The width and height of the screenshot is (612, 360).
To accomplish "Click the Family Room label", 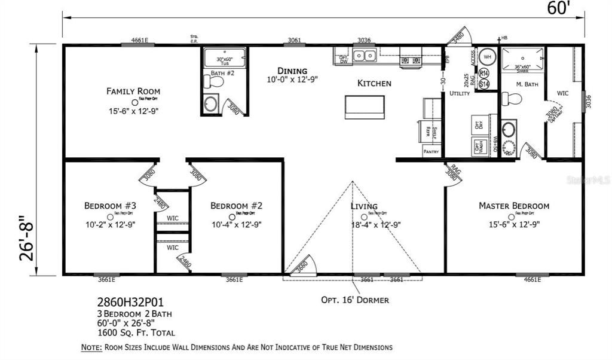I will [x=133, y=91].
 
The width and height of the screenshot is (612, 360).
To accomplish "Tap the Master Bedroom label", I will [x=513, y=206].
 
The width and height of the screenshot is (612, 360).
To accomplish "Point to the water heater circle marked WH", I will [x=487, y=57].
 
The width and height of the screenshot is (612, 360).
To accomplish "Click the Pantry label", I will [x=431, y=152].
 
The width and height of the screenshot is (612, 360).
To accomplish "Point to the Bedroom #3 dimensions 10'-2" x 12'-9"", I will [x=109, y=225].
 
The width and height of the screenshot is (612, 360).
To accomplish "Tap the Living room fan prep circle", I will [x=363, y=216].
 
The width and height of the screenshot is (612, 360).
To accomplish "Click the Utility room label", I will [x=460, y=94].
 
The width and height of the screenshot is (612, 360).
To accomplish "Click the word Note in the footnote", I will [x=91, y=347].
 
